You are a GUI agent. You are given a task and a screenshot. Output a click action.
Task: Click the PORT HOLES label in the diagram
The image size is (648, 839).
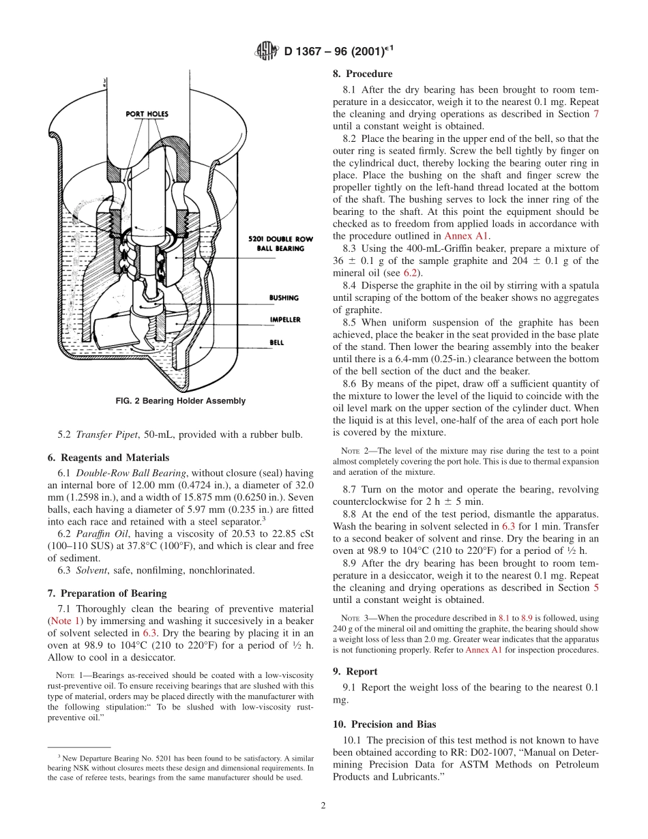point(147,114)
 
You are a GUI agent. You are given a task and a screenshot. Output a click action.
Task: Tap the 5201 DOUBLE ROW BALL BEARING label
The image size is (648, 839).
point(274,244)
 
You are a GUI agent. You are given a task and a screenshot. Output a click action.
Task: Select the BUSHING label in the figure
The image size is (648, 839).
point(284,298)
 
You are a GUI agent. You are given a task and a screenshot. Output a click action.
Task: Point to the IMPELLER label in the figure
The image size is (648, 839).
point(284,320)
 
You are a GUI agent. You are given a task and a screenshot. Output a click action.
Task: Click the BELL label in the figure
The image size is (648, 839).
point(276,342)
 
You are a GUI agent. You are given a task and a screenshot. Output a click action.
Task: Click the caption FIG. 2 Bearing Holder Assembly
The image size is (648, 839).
point(181,401)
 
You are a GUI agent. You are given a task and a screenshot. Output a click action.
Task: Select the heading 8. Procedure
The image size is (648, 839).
point(362,74)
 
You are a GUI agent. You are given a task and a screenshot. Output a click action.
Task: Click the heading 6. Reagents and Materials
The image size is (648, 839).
point(108,458)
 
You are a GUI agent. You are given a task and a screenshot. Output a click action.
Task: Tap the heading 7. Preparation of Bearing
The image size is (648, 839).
point(107,593)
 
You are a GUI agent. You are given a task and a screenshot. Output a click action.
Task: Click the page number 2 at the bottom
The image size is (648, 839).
point(323,806)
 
